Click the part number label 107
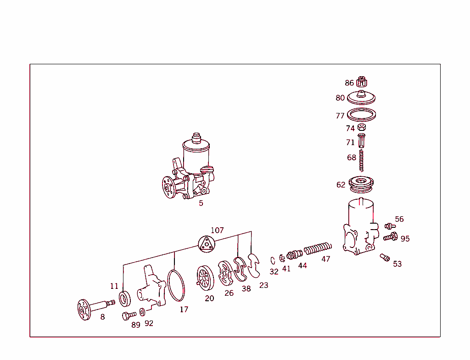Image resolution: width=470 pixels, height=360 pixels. pyautogui.click(x=217, y=230)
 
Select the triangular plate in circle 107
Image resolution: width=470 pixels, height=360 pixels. pyautogui.click(x=207, y=244)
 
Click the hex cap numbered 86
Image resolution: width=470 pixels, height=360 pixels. pyautogui.click(x=362, y=82)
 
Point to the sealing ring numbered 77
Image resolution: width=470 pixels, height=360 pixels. pyautogui.click(x=349, y=114)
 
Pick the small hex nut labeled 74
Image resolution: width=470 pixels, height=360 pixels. pyautogui.click(x=362, y=127)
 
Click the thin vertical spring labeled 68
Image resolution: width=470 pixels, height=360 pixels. pyautogui.click(x=362, y=161)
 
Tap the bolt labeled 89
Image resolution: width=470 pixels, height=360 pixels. pyautogui.click(x=129, y=315)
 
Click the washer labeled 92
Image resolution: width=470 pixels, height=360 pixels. pyautogui.click(x=142, y=312)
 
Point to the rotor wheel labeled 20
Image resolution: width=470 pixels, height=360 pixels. pyautogui.click(x=206, y=278)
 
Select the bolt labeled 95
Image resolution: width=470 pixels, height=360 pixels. pyautogui.click(x=391, y=236)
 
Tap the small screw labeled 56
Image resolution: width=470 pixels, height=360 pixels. pyautogui.click(x=389, y=226)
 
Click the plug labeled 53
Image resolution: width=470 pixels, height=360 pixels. pyautogui.click(x=385, y=258)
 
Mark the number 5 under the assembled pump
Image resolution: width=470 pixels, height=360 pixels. pyautogui.click(x=201, y=203)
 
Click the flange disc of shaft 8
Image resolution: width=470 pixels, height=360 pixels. pyautogui.click(x=84, y=309)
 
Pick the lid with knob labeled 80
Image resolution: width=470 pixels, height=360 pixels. pyautogui.click(x=361, y=97)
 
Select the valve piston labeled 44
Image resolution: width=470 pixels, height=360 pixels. pyautogui.click(x=294, y=255)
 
